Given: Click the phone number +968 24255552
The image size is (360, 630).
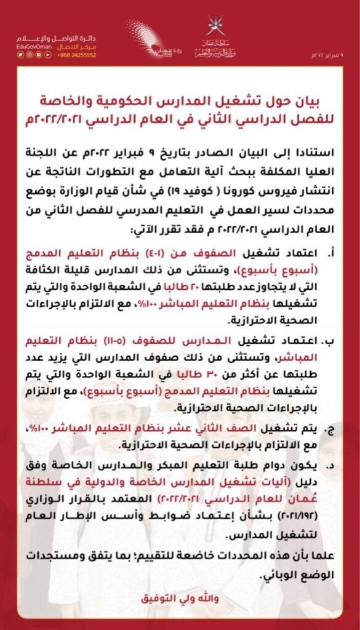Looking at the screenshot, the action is pyautogui.click(x=77, y=55).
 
